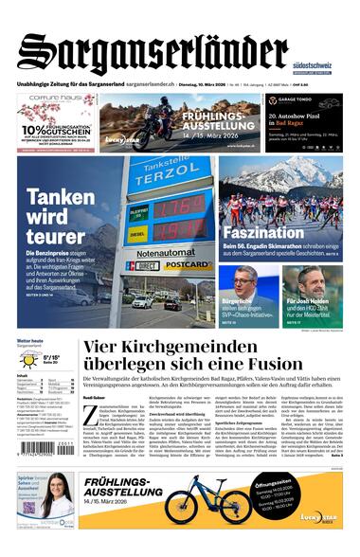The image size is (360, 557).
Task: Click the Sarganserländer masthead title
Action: click(152, 52)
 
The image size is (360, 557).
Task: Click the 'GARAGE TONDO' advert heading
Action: click(297, 99)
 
